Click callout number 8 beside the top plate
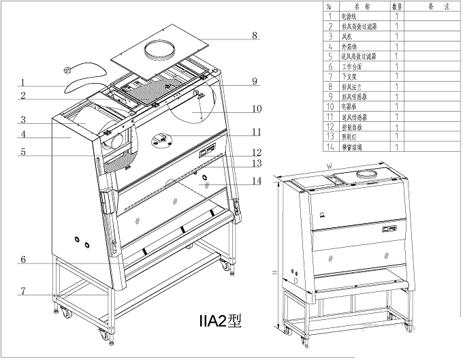(235, 35)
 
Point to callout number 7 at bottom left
(23, 291)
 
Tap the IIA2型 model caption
(219, 319)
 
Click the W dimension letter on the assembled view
(329, 165)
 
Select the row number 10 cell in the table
(330, 106)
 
